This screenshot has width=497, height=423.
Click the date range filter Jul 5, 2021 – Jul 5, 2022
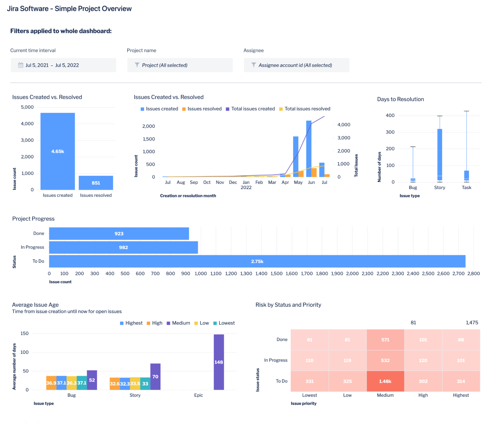click(x=63, y=65)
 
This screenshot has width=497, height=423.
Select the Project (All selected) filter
click(x=180, y=65)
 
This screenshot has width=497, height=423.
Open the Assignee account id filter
click(x=296, y=65)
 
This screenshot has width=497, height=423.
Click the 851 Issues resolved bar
click(x=96, y=183)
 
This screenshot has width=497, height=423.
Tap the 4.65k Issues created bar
click(x=57, y=151)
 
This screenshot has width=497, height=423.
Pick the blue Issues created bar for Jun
click(x=309, y=149)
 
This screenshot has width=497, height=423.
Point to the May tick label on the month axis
click(x=298, y=182)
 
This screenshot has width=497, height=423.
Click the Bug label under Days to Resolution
click(x=413, y=187)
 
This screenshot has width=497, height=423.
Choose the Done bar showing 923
click(x=119, y=234)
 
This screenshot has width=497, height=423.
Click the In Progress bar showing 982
click(x=123, y=247)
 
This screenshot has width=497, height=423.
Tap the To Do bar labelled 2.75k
click(x=257, y=261)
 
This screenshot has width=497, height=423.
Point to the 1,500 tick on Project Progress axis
click(x=277, y=274)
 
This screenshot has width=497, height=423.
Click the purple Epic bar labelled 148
click(x=219, y=362)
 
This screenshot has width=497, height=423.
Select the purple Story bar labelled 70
click(x=155, y=377)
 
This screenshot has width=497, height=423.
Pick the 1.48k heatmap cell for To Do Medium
click(x=385, y=381)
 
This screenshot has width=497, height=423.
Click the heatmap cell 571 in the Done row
click(x=385, y=340)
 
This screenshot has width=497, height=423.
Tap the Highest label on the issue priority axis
click(x=461, y=395)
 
